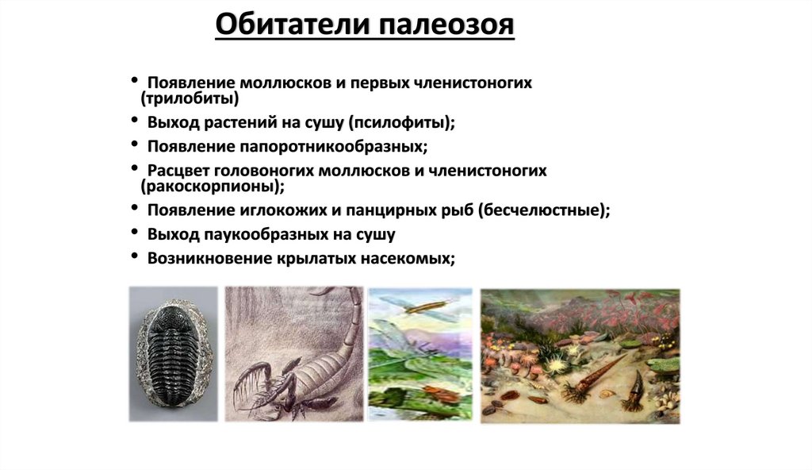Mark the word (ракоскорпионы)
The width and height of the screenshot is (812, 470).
pyautogui.click(x=212, y=187)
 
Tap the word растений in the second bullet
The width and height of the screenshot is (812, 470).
pyautogui.click(x=230, y=123)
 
